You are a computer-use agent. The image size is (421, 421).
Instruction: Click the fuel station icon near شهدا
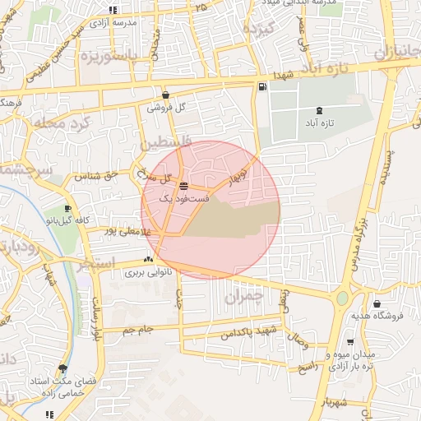262,86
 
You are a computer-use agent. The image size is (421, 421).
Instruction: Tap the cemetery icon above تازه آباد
319,110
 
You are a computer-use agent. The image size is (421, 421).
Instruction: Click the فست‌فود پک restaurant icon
183,186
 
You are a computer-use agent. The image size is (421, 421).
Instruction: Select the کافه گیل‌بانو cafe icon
68,208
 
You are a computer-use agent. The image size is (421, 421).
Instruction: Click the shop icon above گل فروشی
166,95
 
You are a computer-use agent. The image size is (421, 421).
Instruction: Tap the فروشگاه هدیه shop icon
377,304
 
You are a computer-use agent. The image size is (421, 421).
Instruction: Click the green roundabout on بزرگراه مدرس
342,298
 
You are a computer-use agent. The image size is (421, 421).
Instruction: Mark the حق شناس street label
97,175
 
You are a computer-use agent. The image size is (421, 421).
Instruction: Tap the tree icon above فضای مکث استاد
62,368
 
